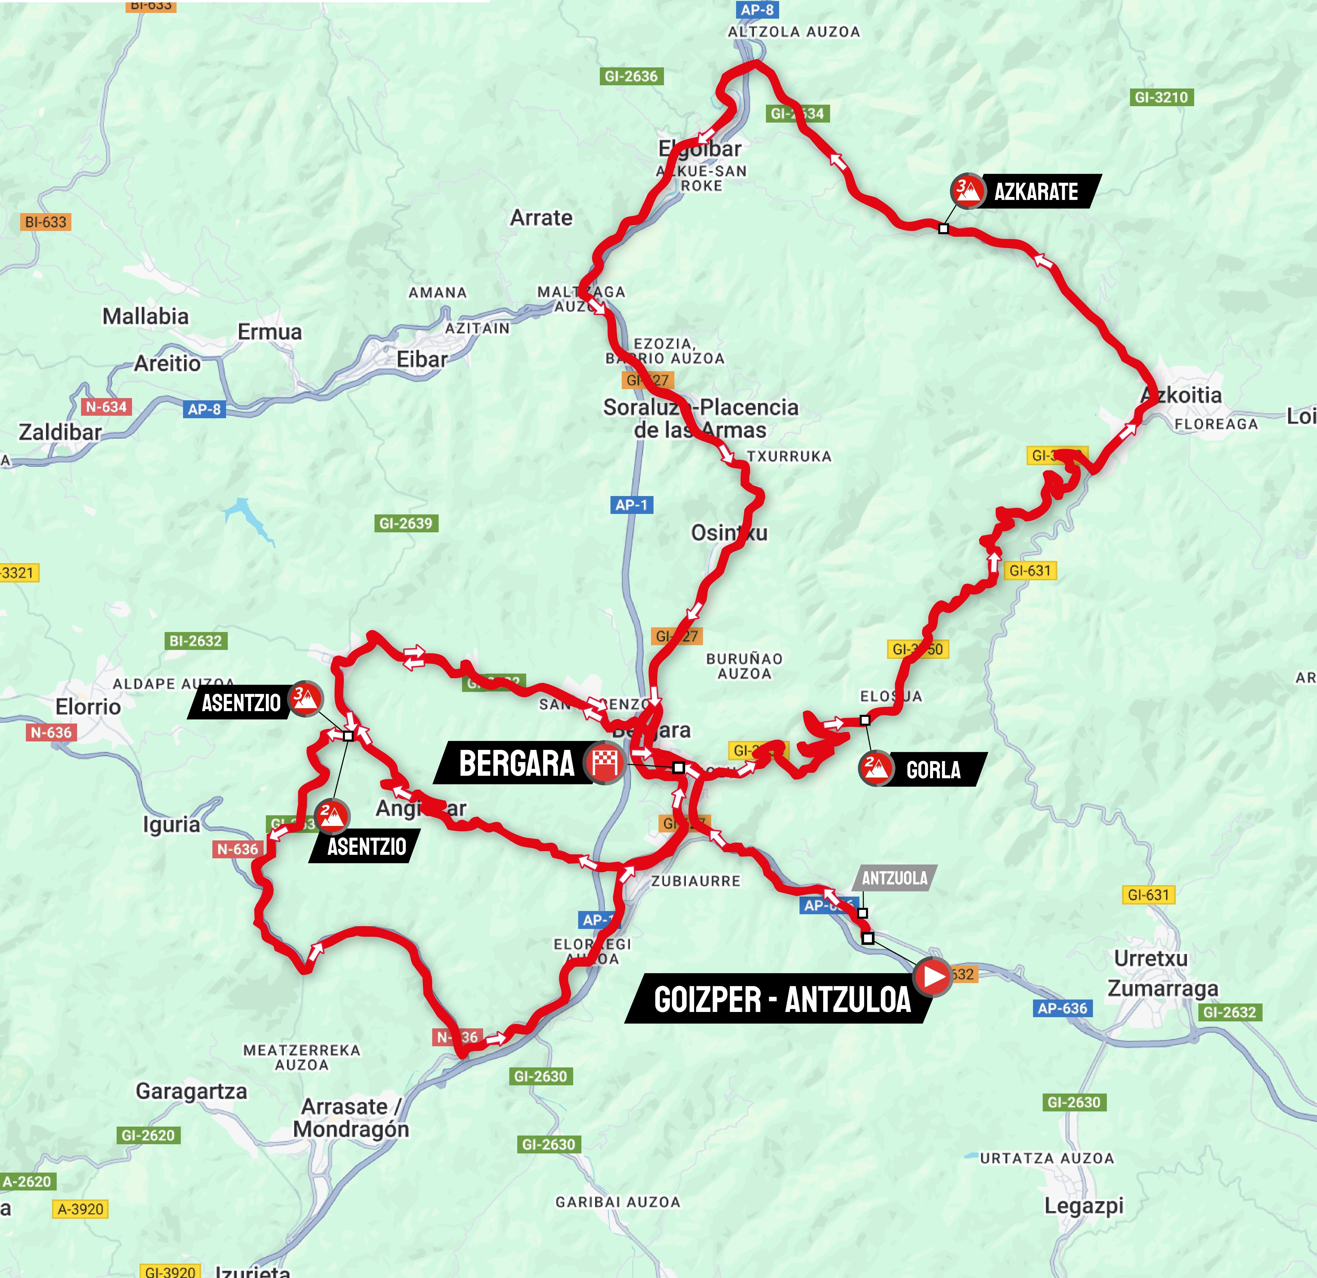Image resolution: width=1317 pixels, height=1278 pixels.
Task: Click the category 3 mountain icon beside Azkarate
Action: click(967, 191)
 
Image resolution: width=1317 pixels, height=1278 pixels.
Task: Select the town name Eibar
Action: click(421, 360)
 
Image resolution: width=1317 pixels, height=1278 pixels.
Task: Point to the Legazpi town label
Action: click(1083, 1206)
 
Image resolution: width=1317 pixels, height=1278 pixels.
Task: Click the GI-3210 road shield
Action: click(1161, 97)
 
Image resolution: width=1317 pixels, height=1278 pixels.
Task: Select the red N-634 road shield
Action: click(106, 407)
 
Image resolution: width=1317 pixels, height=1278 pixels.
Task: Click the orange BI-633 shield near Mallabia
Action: click(46, 222)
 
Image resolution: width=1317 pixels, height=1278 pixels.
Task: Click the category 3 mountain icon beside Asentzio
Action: click(305, 699)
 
